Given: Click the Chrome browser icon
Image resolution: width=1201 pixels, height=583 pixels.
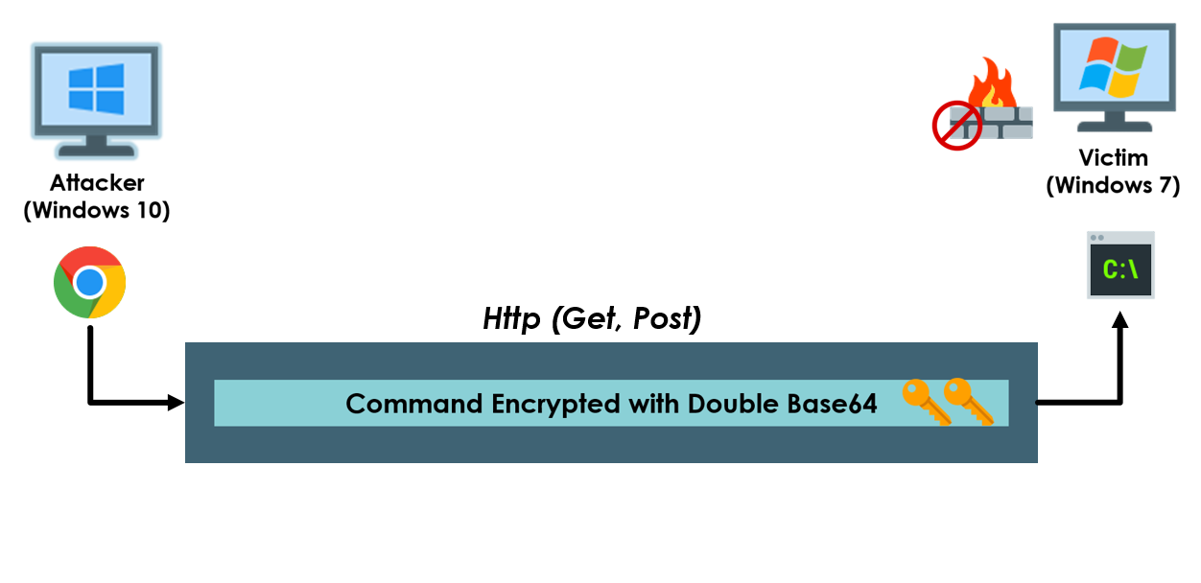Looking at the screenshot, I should [x=89, y=282].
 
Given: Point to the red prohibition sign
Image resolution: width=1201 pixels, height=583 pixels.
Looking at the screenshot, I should [x=956, y=126].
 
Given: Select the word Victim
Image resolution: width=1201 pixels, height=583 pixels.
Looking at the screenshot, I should [x=1113, y=158].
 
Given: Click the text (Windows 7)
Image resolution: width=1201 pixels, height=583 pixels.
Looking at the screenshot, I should [x=1113, y=185].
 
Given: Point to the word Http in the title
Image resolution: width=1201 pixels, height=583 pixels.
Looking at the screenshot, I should [x=512, y=318].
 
